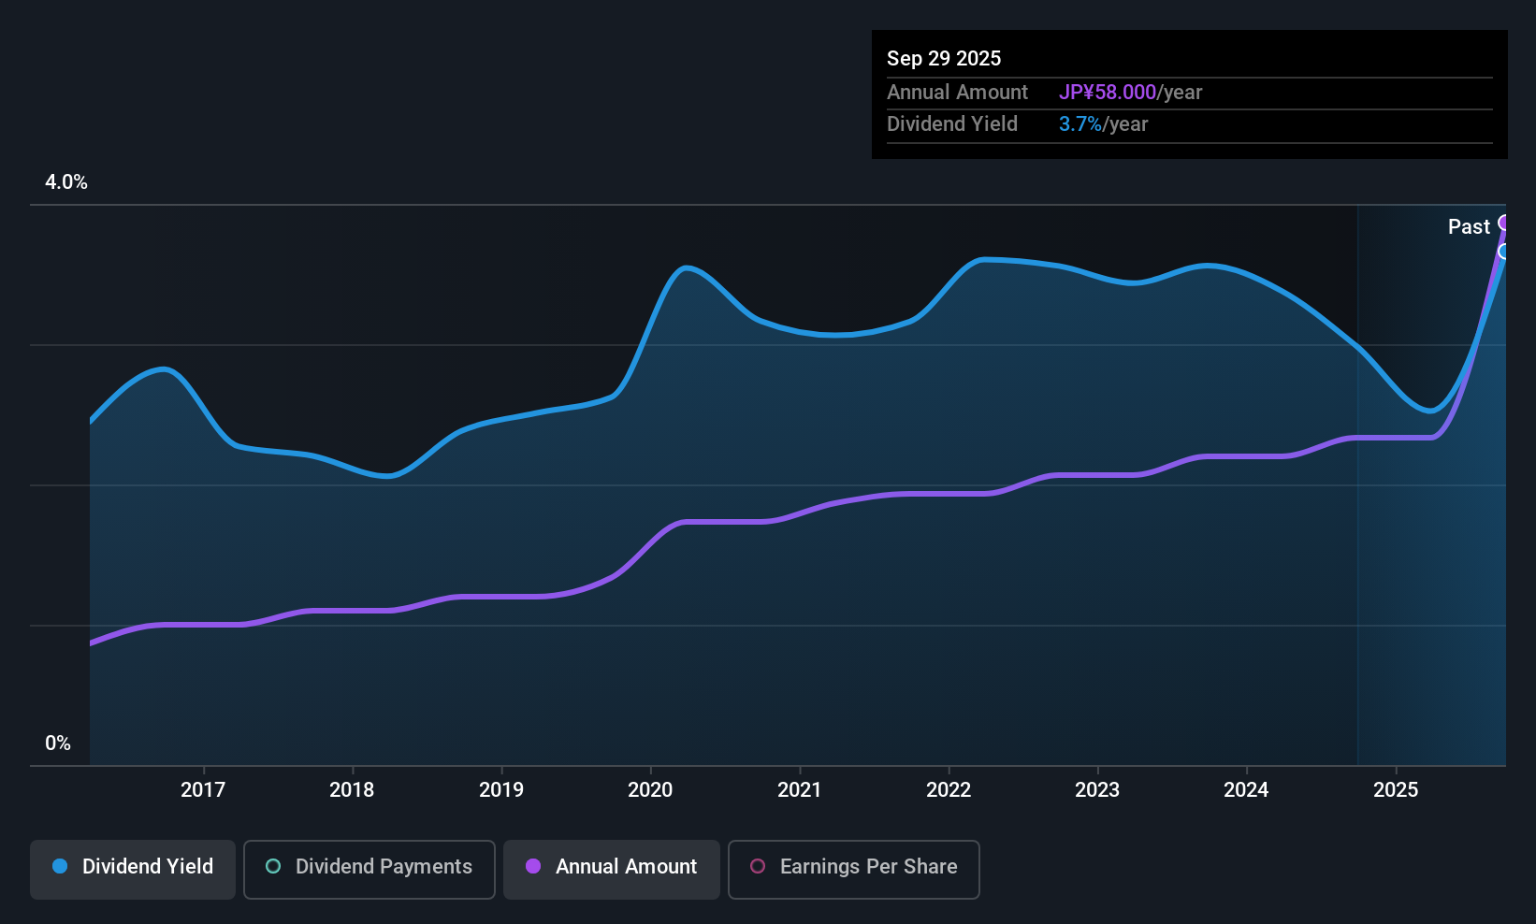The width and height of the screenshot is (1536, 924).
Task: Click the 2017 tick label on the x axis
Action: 203,789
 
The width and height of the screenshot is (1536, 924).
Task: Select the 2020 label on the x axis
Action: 650,789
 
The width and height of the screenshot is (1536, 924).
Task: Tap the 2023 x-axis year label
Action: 1097,789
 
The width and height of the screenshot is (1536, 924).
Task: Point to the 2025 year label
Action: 1396,789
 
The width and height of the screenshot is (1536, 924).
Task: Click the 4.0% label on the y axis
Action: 66,182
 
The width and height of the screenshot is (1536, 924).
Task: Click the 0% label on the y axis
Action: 58,744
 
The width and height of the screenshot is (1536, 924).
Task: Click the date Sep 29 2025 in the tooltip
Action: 944,58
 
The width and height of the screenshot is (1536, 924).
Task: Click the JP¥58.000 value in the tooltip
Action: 1108,92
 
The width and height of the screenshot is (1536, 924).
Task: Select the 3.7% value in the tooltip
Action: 1080,124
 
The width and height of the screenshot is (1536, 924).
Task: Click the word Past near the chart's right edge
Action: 1469,226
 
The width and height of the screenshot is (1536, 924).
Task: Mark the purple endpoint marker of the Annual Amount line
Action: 1504,223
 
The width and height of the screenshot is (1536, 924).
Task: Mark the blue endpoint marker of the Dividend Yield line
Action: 1504,252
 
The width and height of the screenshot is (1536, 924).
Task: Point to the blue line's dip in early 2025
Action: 1430,410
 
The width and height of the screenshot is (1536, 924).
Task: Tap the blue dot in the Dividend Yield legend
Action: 60,866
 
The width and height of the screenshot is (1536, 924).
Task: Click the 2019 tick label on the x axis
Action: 501,789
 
